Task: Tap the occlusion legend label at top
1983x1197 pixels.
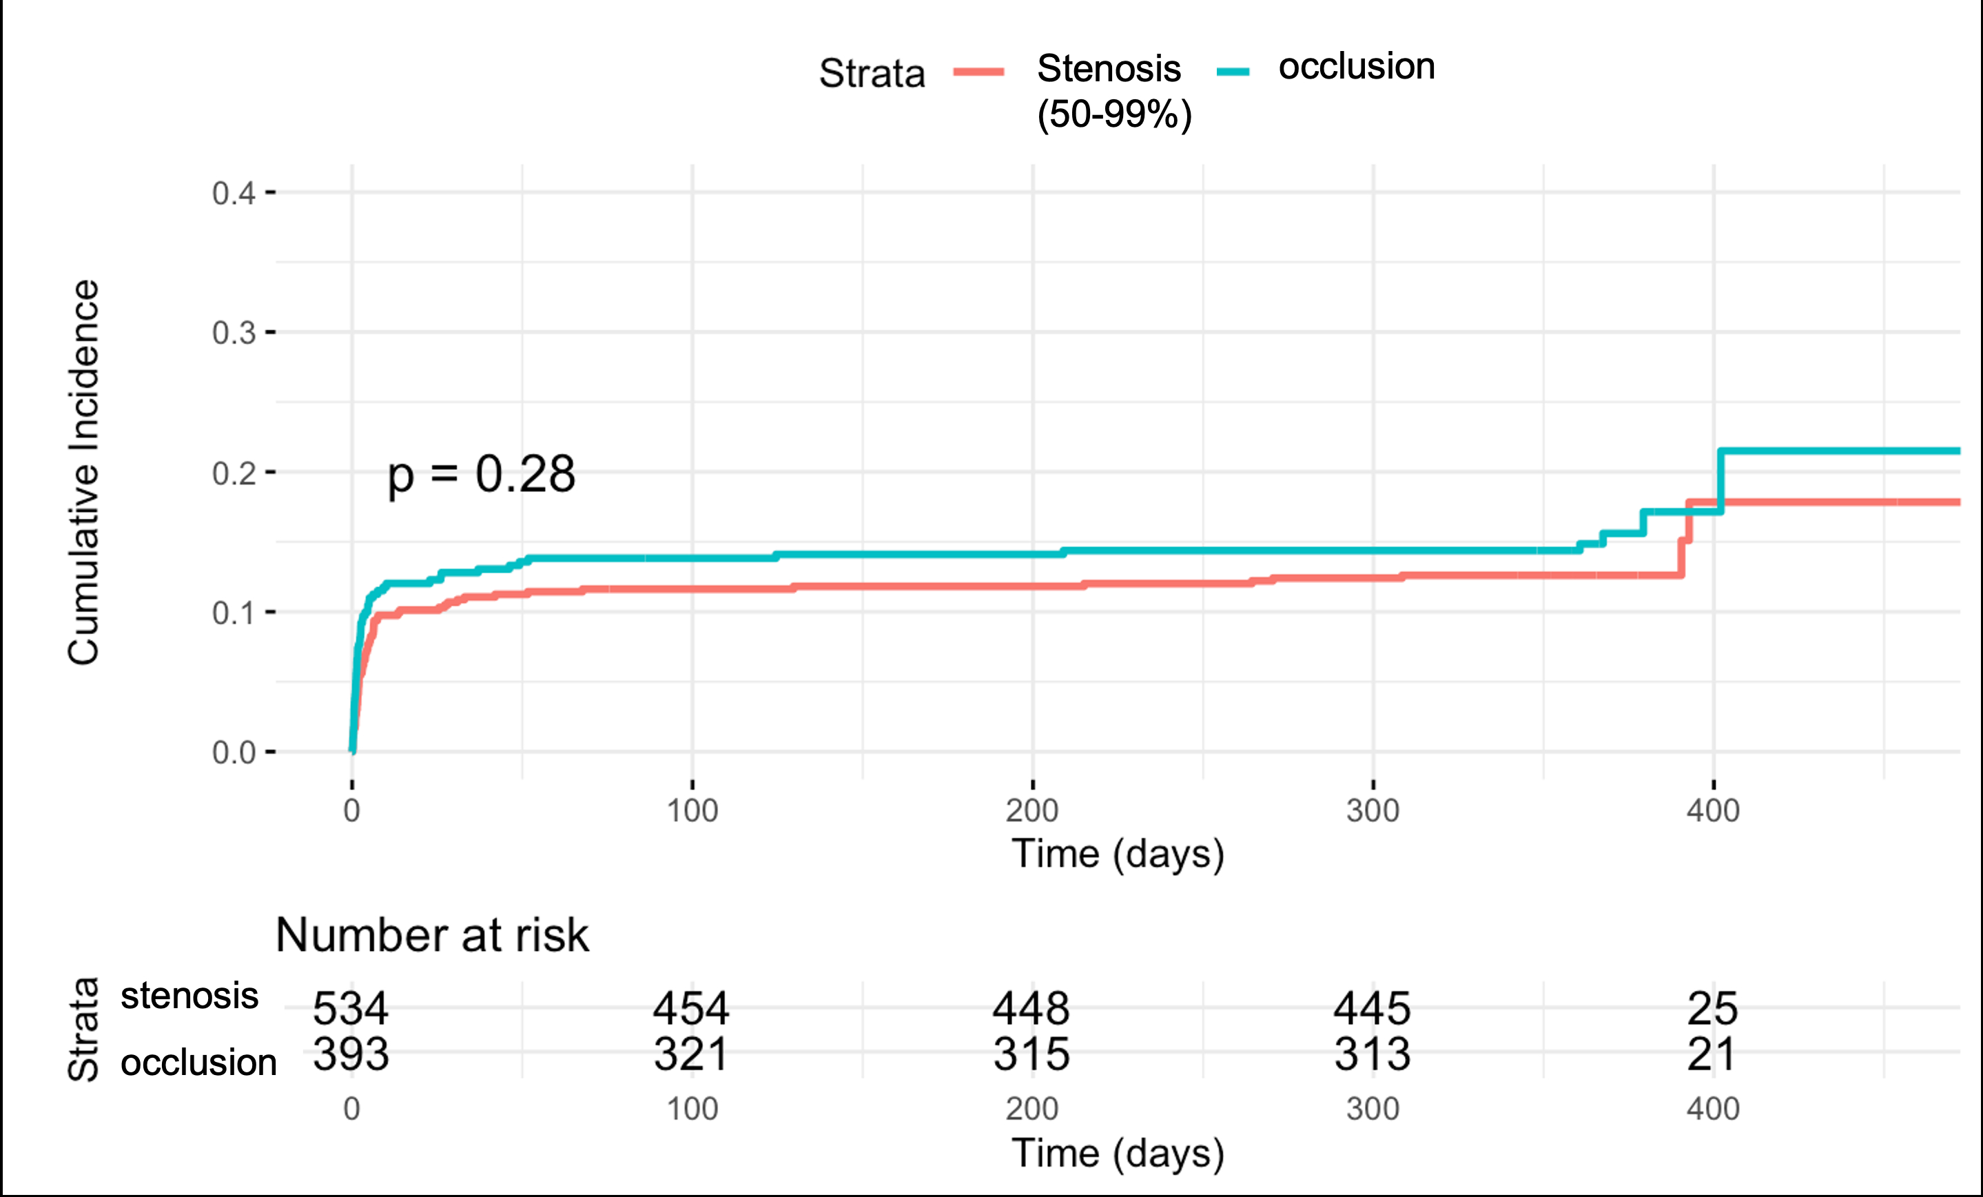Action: coord(1356,66)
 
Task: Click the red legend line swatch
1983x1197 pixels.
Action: coord(978,72)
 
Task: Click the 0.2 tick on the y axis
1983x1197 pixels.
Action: coord(234,473)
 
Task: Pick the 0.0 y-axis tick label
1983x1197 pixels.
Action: coord(234,753)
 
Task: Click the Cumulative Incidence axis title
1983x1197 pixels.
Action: coord(83,473)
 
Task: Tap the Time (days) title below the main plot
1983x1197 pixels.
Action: coord(1118,854)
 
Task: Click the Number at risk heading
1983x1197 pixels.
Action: coord(432,935)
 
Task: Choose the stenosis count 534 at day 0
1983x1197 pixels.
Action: coord(351,1007)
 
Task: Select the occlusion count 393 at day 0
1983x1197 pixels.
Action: coord(351,1054)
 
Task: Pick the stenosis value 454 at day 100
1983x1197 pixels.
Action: coord(691,1007)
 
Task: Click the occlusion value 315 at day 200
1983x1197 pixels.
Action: coord(1031,1054)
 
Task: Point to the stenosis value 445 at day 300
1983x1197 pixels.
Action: coord(1372,1007)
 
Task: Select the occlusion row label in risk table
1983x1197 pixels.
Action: coord(198,1063)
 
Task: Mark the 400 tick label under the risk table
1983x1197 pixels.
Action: coord(1713,1109)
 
